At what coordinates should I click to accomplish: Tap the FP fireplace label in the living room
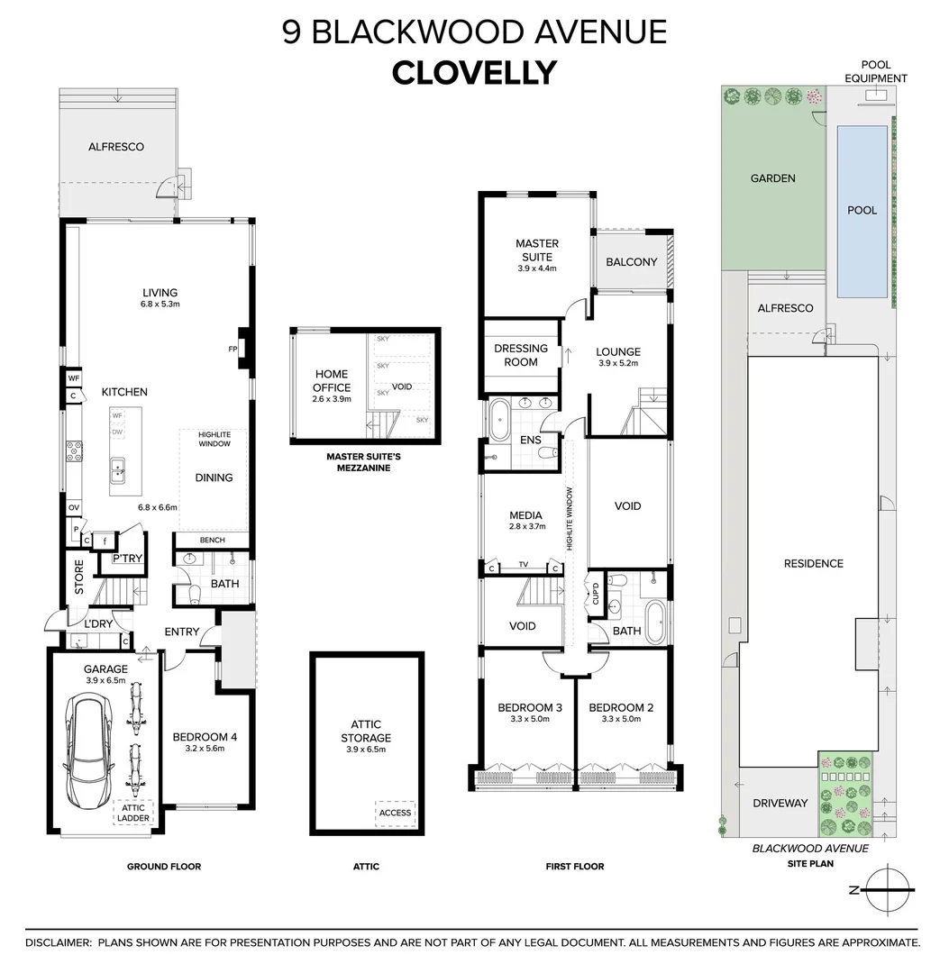click(x=233, y=349)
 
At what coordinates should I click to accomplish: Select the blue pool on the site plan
click(x=862, y=212)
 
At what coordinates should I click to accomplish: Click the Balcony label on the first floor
click(x=631, y=262)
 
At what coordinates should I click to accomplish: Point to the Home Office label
click(x=332, y=380)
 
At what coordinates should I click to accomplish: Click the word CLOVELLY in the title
click(x=474, y=73)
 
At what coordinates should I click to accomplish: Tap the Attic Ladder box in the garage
click(x=132, y=813)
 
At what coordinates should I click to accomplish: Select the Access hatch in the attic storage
click(x=395, y=813)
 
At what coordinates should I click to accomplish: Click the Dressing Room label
click(x=521, y=355)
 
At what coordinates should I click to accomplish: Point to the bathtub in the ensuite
click(x=499, y=420)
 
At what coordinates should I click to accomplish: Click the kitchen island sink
click(x=117, y=470)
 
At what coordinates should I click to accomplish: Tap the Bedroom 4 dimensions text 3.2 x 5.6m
click(x=205, y=749)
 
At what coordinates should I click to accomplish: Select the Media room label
click(x=525, y=515)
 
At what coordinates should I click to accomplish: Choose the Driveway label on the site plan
click(x=780, y=803)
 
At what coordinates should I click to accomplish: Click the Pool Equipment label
click(x=876, y=71)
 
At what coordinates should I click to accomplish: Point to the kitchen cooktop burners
click(x=74, y=451)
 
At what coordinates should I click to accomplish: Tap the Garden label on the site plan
click(x=772, y=178)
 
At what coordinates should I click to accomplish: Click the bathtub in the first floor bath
click(x=655, y=621)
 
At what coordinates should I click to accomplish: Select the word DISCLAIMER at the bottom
click(x=59, y=942)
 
